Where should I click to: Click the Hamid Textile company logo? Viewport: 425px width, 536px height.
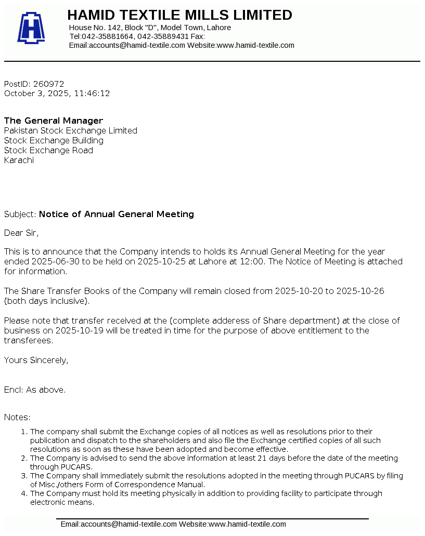point(31,28)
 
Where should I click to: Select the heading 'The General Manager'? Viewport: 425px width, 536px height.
point(54,120)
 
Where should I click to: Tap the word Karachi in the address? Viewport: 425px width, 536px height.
point(19,160)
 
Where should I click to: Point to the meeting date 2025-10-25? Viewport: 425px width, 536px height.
point(161,261)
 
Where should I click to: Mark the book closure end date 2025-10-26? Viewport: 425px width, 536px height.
point(360,291)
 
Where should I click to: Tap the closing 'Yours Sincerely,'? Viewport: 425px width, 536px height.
point(36,360)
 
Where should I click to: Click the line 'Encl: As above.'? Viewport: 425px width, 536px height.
point(35,390)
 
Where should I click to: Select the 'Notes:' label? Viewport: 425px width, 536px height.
point(17,417)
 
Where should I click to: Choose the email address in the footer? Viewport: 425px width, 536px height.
point(119,524)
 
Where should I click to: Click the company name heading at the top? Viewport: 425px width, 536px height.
point(179,15)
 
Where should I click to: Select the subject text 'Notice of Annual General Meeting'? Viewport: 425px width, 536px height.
point(117,214)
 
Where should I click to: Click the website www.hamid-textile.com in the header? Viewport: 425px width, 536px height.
point(255,45)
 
